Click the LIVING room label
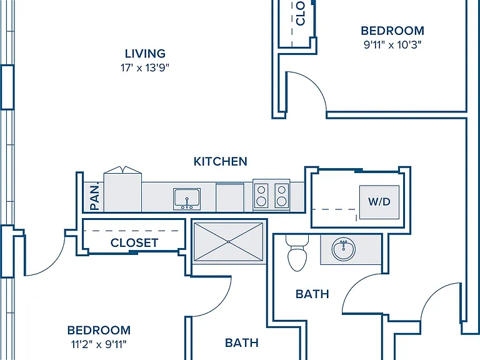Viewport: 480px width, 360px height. (x=145, y=54)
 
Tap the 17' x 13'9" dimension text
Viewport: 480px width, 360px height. (x=145, y=67)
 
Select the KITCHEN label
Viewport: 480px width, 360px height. (x=221, y=161)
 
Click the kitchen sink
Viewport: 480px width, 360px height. (x=187, y=199)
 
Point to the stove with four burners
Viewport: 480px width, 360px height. (x=271, y=195)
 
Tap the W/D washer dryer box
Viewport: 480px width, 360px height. (x=379, y=202)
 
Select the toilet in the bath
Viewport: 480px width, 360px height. (x=297, y=253)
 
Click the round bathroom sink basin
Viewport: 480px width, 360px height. (x=344, y=249)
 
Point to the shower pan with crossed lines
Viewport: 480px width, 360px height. (x=229, y=242)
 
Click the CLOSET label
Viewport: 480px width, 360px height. (x=134, y=242)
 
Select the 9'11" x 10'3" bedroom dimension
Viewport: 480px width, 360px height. (x=392, y=45)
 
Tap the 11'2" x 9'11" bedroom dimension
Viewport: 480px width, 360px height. (x=99, y=345)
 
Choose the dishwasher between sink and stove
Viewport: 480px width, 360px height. (x=230, y=197)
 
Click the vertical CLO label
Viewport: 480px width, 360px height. (x=301, y=13)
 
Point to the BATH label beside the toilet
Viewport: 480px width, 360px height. (x=312, y=294)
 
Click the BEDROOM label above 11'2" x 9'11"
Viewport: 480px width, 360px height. (x=99, y=330)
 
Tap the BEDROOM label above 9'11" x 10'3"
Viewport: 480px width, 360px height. (x=392, y=31)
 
